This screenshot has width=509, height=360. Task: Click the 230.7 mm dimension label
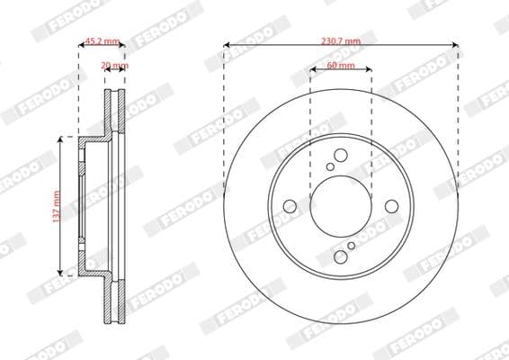pos(340,41)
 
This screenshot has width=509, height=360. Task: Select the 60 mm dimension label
pos(340,67)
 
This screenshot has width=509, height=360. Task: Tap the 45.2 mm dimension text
pos(101,41)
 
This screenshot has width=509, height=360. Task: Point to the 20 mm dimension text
pos(114,66)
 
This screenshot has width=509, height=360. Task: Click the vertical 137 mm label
pos(56,205)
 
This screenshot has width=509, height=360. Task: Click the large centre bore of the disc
pos(340,206)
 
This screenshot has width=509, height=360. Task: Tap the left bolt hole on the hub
pos(289,206)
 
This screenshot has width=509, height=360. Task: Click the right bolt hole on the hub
pos(391,206)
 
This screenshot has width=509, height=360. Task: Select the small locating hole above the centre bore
pos(330,166)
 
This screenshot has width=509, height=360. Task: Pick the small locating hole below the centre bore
pos(350,246)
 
